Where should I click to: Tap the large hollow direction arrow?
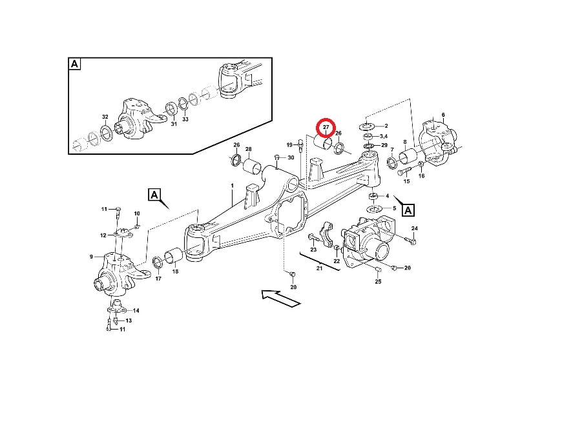(280, 299)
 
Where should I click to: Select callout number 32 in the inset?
(105, 117)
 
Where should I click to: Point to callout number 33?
(185, 119)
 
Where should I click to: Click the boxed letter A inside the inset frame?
(74, 64)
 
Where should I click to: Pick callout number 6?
(443, 115)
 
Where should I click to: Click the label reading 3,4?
(384, 136)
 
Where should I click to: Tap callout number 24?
(414, 228)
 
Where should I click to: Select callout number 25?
(378, 282)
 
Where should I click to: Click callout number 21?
(319, 268)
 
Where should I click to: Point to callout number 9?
(91, 257)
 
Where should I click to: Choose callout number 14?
(136, 310)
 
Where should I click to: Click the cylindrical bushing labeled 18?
(174, 255)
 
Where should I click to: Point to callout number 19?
(289, 145)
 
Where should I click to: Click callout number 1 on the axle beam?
(233, 186)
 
